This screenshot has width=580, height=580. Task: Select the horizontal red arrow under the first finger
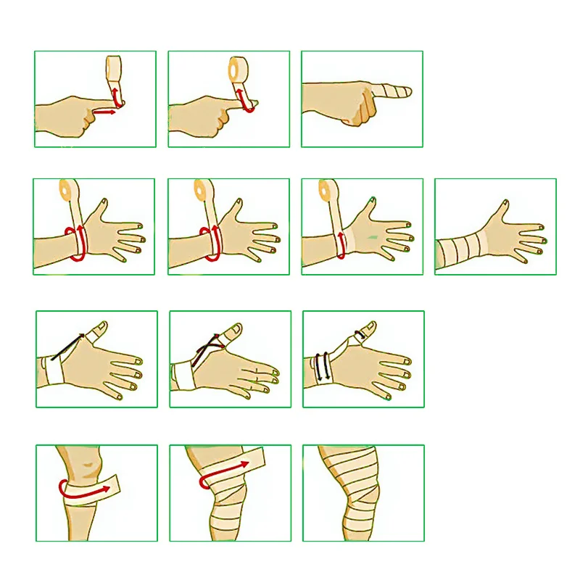pos(106,112)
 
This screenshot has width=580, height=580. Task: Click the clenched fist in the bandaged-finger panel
pos(359,109)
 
